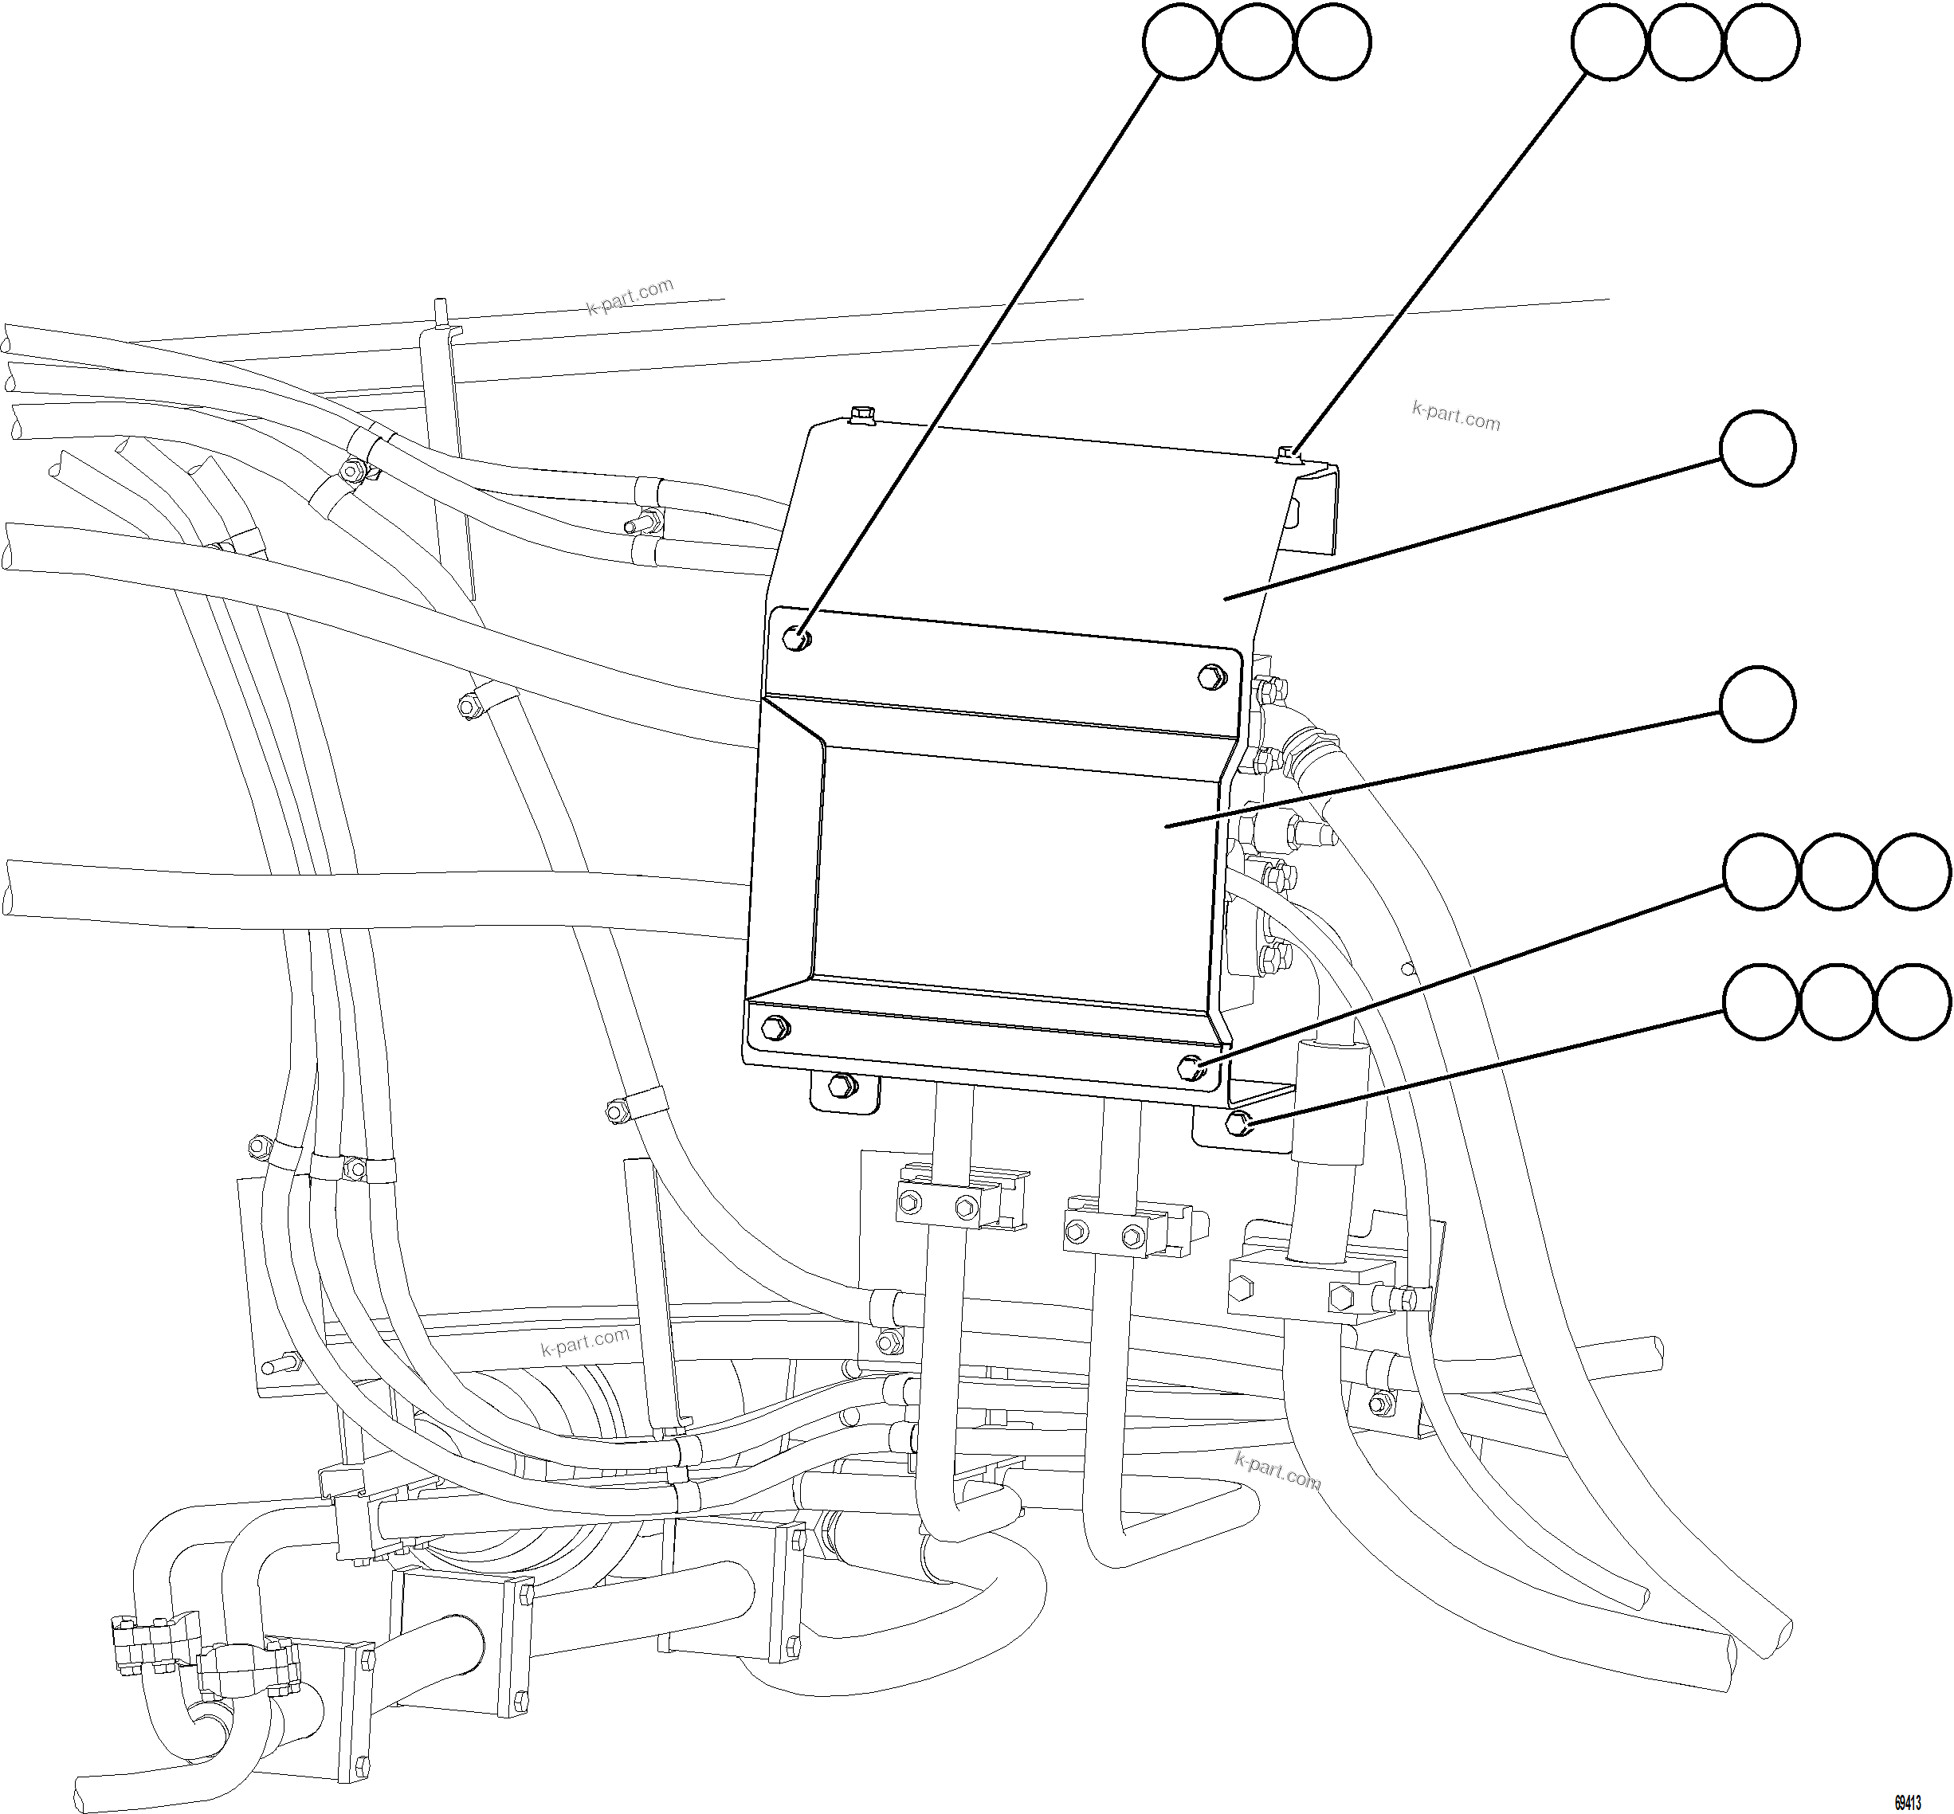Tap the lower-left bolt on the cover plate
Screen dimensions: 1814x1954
click(775, 1028)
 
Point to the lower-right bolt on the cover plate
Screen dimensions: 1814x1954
click(1191, 1066)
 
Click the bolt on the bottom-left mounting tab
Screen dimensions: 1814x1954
click(841, 1086)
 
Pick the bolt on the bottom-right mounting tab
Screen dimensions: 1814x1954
click(1239, 1122)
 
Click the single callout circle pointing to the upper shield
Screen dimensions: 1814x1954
click(1758, 448)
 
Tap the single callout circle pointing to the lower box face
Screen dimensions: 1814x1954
click(1758, 705)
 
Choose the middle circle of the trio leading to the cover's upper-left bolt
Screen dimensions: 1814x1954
click(1257, 42)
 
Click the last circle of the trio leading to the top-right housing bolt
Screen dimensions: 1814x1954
click(1761, 42)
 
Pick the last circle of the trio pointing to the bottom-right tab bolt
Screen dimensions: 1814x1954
click(1913, 1002)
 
